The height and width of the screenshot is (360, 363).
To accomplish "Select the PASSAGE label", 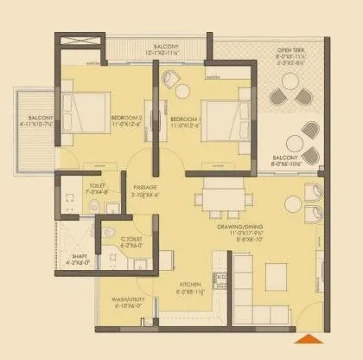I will (x=143, y=186).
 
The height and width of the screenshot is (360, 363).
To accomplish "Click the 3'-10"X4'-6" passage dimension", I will (x=143, y=195).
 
